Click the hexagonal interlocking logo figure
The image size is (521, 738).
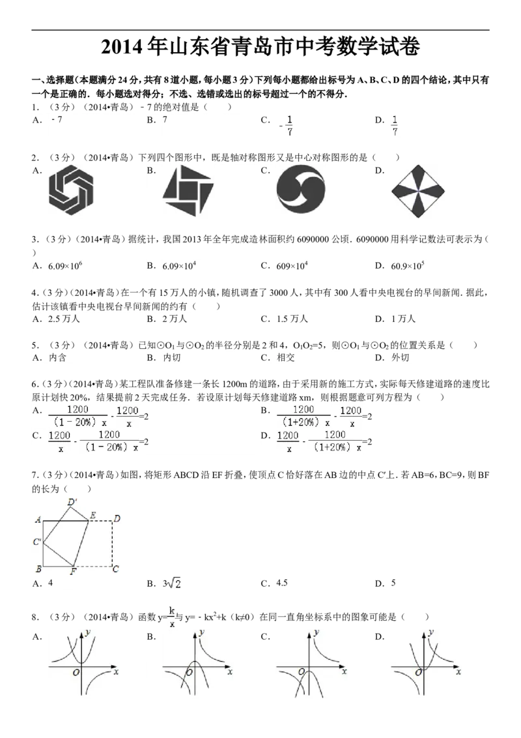71,189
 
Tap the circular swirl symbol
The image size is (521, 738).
300,190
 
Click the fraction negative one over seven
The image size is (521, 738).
287,125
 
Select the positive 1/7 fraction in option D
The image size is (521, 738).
395,125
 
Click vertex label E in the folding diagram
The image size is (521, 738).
92,516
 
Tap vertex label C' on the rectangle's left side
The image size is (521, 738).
37,542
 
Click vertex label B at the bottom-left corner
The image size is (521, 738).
39,569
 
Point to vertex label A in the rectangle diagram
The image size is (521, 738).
39,520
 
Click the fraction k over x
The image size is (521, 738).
173,616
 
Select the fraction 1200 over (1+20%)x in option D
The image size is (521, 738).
334,441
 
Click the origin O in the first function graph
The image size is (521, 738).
76,672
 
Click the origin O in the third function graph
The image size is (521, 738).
302,672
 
